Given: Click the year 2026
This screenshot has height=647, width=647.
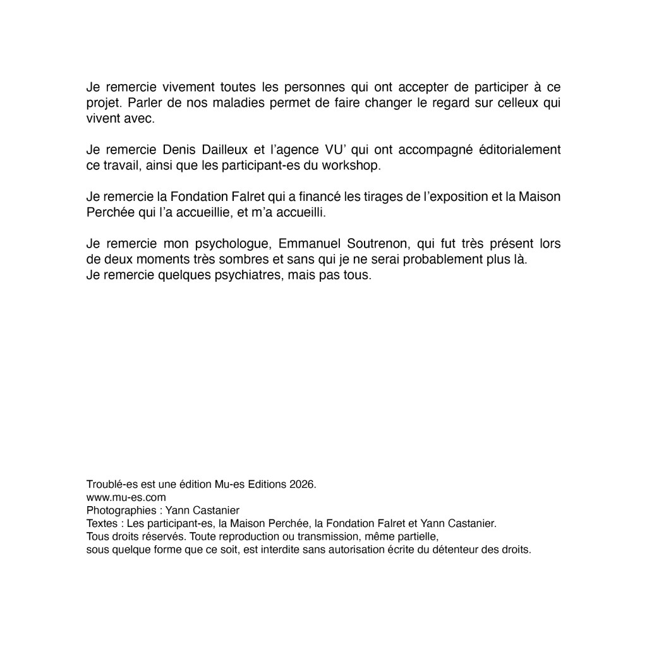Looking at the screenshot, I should tap(302, 485).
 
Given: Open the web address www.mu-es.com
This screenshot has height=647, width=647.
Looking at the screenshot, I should tap(126, 497).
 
